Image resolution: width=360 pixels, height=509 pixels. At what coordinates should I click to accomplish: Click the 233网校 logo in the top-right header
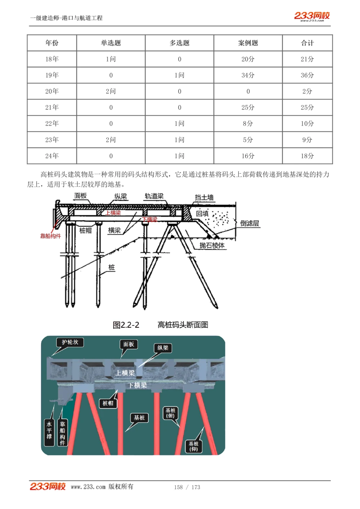click(312, 16)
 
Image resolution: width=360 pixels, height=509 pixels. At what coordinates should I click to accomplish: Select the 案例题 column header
click(248, 43)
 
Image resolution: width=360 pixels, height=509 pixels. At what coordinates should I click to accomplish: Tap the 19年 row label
click(52, 75)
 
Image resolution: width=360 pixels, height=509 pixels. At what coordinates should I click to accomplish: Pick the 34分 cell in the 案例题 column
click(248, 75)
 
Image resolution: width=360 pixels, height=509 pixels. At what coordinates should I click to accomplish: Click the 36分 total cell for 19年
click(307, 75)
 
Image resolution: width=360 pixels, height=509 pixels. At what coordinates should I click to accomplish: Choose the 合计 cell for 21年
click(307, 108)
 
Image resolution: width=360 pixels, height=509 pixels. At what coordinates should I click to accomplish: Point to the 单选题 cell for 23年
click(111, 140)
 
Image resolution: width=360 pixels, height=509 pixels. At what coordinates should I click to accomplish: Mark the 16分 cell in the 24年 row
click(248, 156)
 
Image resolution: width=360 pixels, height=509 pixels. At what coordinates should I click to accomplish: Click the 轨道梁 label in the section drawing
click(154, 196)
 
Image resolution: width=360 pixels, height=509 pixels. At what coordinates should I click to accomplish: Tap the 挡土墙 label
click(204, 197)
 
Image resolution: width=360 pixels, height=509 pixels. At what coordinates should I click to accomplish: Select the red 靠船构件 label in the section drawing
click(50, 236)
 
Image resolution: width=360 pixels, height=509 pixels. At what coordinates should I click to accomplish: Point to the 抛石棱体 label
click(212, 246)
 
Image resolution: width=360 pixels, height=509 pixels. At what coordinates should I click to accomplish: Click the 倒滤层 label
click(249, 223)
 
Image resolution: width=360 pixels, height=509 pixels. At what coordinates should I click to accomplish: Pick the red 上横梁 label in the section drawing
click(113, 213)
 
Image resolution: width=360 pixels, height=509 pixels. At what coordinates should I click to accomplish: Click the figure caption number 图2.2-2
click(126, 325)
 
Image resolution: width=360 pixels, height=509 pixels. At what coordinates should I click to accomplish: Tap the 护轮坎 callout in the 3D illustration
click(70, 342)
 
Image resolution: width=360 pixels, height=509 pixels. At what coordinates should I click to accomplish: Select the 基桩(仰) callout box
click(194, 446)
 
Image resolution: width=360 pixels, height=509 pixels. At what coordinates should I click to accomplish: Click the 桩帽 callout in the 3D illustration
click(108, 404)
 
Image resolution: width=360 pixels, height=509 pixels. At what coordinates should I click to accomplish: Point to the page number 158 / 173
click(187, 487)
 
